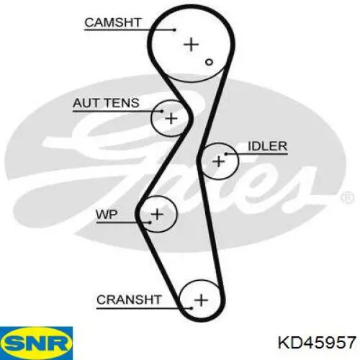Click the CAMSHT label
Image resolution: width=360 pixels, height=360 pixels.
[113, 22]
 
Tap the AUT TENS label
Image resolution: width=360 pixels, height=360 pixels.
[106, 103]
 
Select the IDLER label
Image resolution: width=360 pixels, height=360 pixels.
[268, 146]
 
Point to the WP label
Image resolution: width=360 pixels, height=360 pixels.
[107, 214]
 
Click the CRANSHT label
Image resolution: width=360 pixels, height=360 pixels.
[129, 300]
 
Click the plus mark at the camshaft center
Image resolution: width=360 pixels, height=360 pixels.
[192, 45]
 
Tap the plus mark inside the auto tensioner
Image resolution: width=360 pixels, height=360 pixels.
[171, 118]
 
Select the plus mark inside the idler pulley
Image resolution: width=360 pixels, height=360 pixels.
[219, 161]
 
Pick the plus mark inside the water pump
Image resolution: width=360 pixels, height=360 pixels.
[158, 214]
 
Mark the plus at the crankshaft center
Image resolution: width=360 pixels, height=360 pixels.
[201, 300]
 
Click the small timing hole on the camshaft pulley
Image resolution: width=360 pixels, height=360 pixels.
[210, 62]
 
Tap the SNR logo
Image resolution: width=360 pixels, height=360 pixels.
[36, 343]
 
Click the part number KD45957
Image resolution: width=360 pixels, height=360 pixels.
[317, 342]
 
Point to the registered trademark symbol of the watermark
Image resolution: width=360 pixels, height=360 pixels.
[347, 198]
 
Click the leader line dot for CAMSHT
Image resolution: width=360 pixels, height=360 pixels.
[175, 30]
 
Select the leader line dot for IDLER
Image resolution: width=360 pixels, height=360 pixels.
[226, 153]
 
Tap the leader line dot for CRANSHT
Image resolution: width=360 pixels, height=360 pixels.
[192, 308]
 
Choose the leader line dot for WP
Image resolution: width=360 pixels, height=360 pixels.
[150, 222]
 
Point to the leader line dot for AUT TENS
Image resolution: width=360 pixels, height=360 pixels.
[162, 111]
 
